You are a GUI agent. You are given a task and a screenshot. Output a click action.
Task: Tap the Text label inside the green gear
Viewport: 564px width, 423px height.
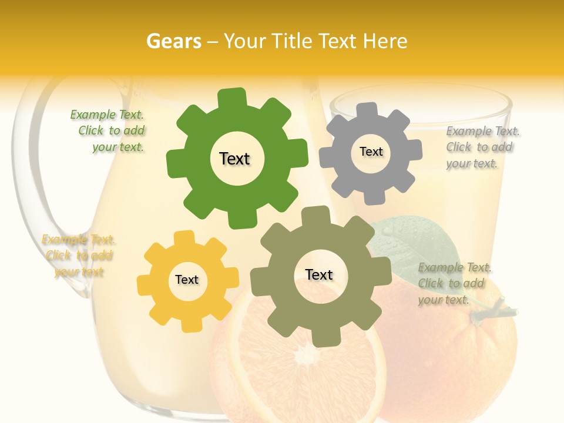[234, 159]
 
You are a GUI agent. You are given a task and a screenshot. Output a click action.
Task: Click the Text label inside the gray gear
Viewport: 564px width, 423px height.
[371, 152]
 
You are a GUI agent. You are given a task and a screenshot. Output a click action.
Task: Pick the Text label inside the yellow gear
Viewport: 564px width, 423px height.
[187, 280]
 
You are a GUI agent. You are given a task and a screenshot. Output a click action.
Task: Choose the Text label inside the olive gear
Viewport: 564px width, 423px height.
[319, 274]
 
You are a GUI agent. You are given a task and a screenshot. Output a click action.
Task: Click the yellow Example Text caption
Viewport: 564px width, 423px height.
[79, 256]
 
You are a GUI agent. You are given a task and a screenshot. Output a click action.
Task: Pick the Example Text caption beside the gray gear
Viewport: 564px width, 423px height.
[482, 147]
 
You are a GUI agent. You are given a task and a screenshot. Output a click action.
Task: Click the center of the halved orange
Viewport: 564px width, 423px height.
[305, 354]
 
